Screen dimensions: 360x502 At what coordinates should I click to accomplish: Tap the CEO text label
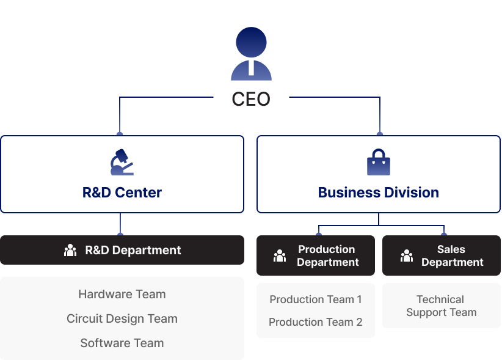(251, 99)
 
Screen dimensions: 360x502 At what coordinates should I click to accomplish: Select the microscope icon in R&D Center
(122, 162)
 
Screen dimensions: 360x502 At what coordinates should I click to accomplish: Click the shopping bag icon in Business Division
(379, 163)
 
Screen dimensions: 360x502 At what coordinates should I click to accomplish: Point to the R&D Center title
(122, 193)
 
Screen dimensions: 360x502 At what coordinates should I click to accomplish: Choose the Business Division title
(379, 193)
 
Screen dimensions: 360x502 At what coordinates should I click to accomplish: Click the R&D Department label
(133, 250)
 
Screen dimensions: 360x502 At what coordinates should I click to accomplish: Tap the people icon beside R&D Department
(70, 250)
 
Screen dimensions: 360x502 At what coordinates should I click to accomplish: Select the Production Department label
(327, 255)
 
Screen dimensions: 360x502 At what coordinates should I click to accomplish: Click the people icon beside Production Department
(280, 255)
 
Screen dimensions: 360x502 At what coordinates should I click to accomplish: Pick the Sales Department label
(452, 255)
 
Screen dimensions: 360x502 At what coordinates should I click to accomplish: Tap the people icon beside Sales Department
(407, 255)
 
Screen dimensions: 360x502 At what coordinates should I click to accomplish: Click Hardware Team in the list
(122, 294)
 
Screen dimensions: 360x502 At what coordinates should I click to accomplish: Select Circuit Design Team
(122, 318)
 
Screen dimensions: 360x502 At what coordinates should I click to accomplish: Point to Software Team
(122, 343)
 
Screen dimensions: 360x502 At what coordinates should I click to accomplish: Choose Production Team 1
(316, 299)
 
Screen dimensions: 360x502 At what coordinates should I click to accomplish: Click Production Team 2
(316, 322)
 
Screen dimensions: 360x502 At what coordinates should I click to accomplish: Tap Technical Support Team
(441, 306)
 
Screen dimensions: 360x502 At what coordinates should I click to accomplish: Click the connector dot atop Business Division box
(380, 133)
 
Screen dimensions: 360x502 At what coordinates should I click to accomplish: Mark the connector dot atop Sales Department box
(444, 233)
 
